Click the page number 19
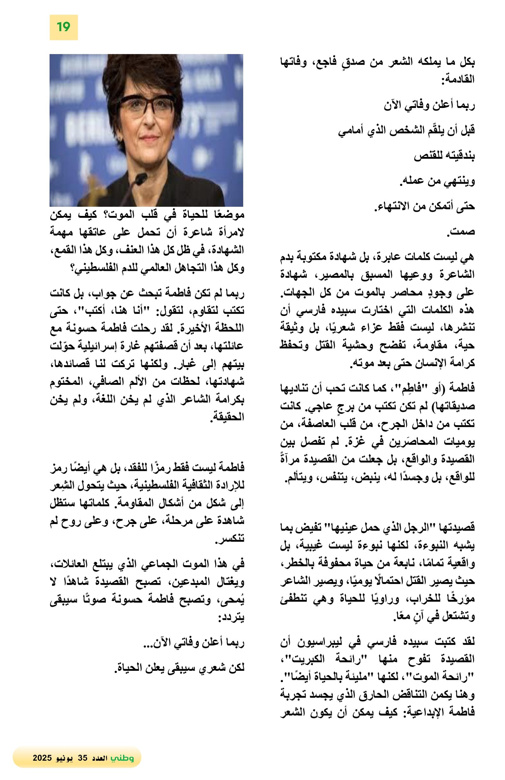(63, 27)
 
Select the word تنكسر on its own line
(230, 539)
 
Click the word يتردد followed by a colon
(231, 618)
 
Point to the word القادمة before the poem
(458, 80)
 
